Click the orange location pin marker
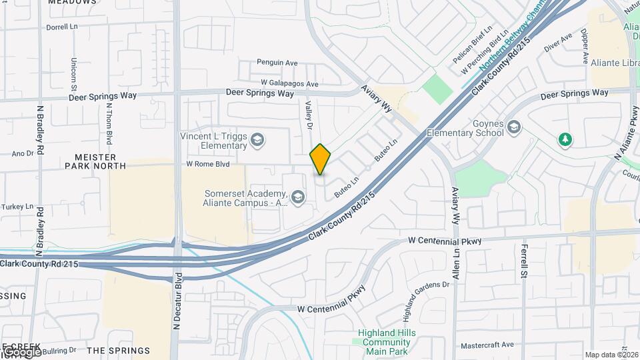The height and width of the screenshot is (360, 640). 321,159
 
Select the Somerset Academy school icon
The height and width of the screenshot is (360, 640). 298,197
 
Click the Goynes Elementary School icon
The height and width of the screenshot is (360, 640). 514,127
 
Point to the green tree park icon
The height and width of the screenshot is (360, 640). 565,139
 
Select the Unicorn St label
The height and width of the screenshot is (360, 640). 73,73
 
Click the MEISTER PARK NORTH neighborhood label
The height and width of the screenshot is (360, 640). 95,161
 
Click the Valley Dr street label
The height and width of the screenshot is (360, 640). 309,115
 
